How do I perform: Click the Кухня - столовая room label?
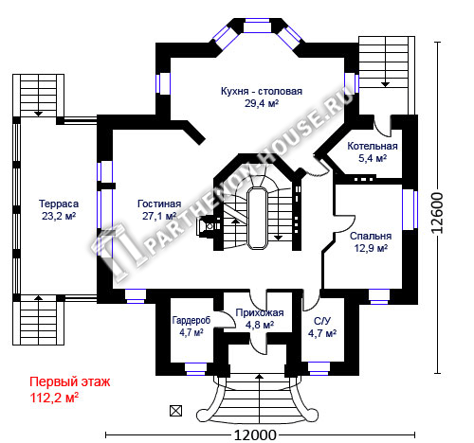262,92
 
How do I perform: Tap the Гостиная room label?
159,204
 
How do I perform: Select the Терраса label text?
59,204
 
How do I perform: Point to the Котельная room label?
373,146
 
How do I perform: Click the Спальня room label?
371,236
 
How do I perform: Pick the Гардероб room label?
191,321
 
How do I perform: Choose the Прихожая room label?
260,312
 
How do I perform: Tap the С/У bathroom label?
322,321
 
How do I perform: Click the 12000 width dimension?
255,435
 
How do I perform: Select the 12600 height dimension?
438,213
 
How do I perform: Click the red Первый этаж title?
70,382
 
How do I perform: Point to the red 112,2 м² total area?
54,398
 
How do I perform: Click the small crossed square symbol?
176,411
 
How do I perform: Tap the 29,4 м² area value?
262,103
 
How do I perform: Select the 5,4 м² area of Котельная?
373,158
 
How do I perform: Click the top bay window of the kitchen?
258,26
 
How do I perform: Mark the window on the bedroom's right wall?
410,209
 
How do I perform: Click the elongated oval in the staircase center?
258,219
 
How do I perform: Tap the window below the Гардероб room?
195,369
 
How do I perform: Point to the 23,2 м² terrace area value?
59,216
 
